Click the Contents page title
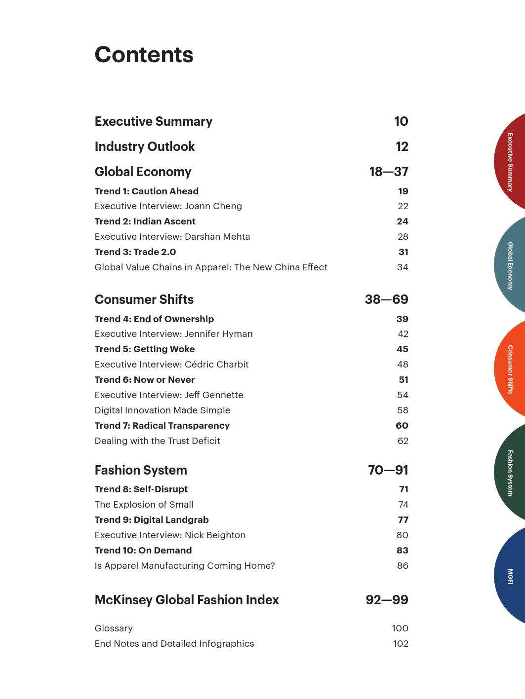[144, 55]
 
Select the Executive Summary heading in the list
[153, 121]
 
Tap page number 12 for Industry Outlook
[402, 147]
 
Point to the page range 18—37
[388, 172]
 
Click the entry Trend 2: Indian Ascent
[145, 221]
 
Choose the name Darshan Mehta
[217, 237]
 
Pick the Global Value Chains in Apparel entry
[211, 267]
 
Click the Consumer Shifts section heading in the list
[144, 299]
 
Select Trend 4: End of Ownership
[154, 319]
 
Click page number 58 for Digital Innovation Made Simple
[403, 410]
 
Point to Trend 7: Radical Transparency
[162, 426]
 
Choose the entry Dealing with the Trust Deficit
[157, 441]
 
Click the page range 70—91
[388, 470]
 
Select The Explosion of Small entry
[144, 505]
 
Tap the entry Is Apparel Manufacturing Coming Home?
[184, 566]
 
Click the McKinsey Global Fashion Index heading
[187, 600]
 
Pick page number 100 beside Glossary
[400, 628]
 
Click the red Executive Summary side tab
[510, 162]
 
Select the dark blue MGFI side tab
[510, 576]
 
